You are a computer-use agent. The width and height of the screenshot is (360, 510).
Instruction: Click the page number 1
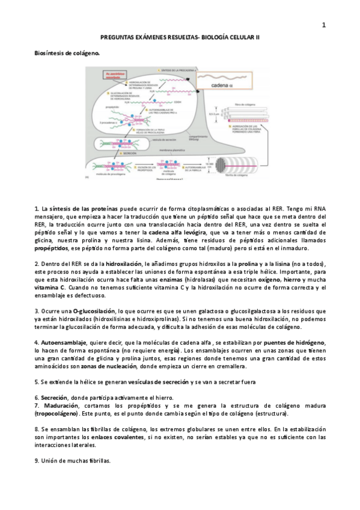[x=324, y=25]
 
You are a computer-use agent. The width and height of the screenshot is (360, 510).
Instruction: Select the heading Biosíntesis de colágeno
[x=66, y=53]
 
